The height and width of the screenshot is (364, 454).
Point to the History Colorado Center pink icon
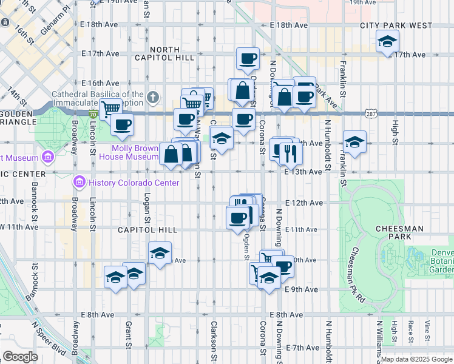pyautogui.click(x=79, y=182)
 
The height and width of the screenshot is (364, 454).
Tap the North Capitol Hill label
pyautogui.click(x=172, y=53)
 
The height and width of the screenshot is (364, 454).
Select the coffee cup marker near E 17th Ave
pyautogui.click(x=248, y=59)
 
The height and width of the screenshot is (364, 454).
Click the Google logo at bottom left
pyautogui.click(x=20, y=357)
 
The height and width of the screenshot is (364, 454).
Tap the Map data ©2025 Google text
pyautogui.click(x=416, y=359)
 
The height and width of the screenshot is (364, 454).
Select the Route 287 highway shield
pyautogui.click(x=372, y=114)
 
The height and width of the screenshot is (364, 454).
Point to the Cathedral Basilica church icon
pyautogui.click(x=155, y=97)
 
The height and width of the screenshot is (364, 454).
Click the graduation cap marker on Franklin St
pyautogui.click(x=354, y=142)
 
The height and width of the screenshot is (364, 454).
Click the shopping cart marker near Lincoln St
pyautogui.click(x=110, y=110)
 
